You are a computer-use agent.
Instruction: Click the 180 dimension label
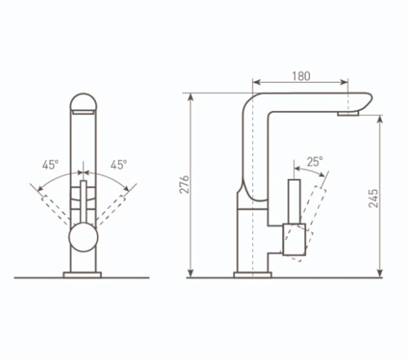[301, 76]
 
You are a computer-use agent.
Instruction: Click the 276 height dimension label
[184, 184]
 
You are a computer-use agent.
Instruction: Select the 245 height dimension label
[373, 198]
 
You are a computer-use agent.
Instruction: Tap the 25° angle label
[315, 162]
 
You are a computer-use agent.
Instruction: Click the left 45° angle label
[50, 165]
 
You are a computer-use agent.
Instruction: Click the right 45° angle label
[119, 165]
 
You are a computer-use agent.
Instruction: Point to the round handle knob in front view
[84, 238]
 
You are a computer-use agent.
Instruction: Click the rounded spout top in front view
[83, 101]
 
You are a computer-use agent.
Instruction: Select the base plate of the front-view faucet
[82, 275]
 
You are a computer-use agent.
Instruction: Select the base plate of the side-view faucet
[253, 275]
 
